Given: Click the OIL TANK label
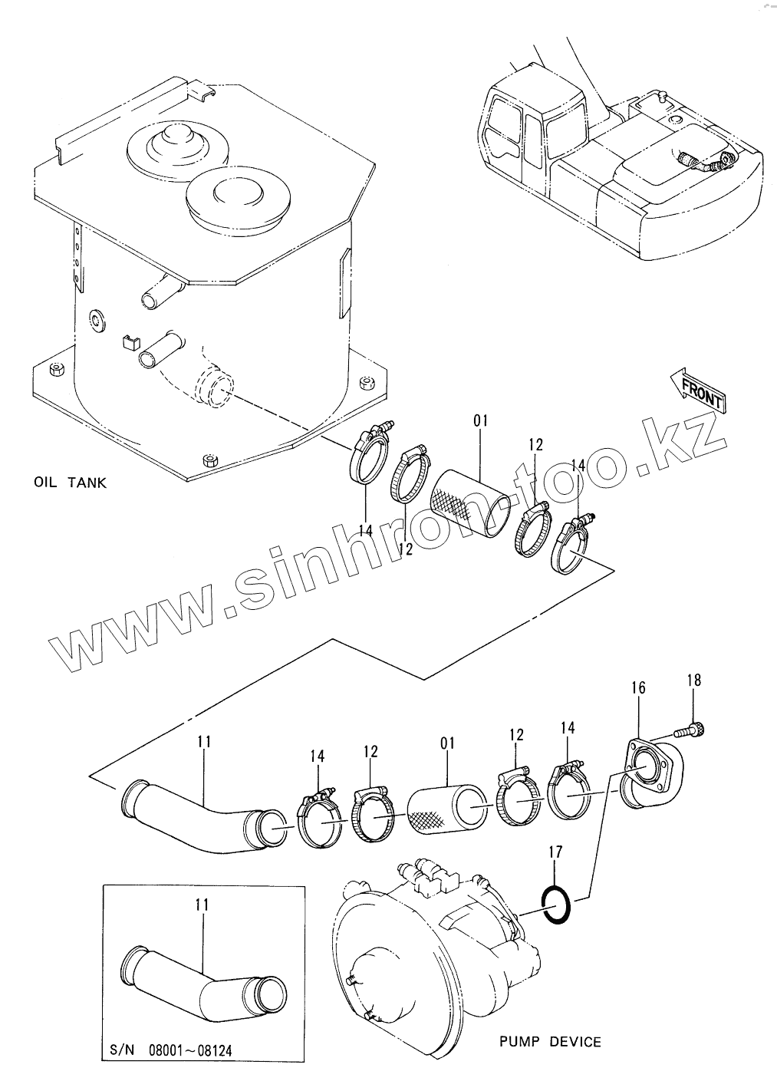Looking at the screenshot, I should (70, 483).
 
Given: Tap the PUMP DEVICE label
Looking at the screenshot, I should (550, 1041).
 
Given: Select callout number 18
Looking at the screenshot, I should (693, 680).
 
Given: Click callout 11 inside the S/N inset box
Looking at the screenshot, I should (202, 905).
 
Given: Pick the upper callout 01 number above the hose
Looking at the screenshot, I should (481, 420).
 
